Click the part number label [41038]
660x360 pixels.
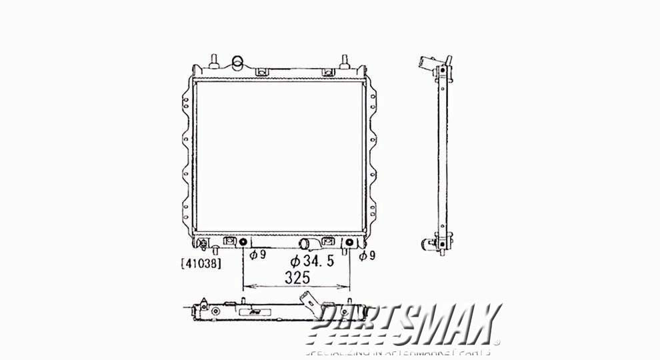201,263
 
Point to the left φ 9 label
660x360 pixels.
259,255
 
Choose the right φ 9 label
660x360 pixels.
366,255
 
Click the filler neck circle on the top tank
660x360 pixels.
237,64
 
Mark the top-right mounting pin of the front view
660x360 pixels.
346,60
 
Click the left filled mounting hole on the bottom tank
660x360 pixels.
243,242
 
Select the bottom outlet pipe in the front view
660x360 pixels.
308,243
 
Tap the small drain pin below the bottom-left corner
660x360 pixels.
217,250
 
